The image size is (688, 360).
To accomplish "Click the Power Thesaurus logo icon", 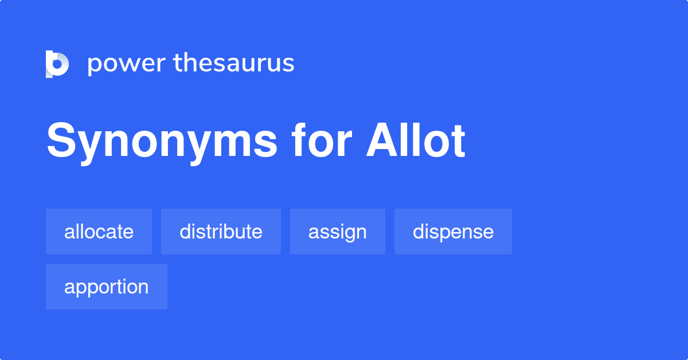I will [57, 64].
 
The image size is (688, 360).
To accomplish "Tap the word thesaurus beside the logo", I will [234, 63].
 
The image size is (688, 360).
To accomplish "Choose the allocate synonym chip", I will [99, 232].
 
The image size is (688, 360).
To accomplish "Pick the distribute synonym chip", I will [221, 232].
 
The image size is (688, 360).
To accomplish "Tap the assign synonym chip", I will [337, 232].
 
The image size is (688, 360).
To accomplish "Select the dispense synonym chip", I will [453, 232].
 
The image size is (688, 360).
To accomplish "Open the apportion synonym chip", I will [106, 287].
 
